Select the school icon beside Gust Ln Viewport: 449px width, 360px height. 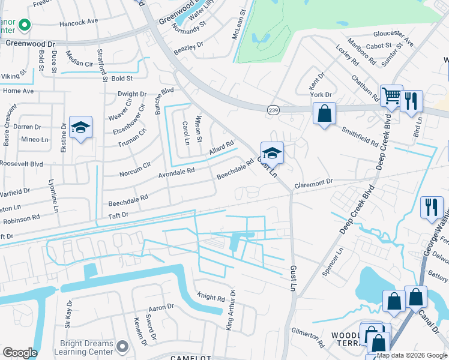272,154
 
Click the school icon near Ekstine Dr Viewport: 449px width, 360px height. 80,128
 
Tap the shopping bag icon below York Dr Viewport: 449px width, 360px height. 324,114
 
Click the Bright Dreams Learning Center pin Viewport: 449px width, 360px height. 122,346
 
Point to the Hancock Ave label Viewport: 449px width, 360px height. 78,21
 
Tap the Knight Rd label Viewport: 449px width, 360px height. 211,297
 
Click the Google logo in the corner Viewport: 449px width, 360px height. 20,353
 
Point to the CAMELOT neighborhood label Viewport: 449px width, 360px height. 190,356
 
